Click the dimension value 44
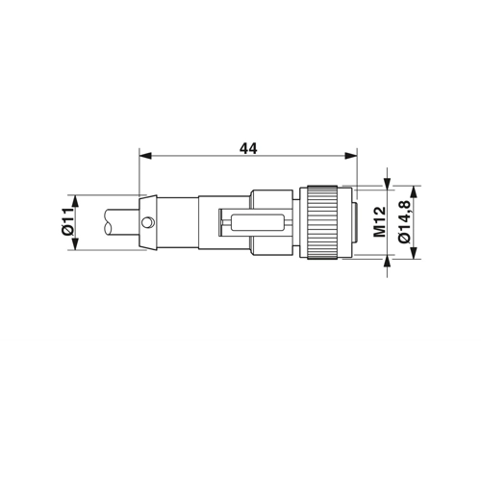point(248,148)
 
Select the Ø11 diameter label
point(68,222)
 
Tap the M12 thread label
point(380,222)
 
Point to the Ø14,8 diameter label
point(404,222)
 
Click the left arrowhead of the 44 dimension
point(145,156)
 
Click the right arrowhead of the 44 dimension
point(351,156)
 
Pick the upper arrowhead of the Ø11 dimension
point(75,201)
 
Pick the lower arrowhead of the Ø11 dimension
point(75,243)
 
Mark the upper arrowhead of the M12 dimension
point(388,183)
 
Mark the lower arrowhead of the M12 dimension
point(388,261)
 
